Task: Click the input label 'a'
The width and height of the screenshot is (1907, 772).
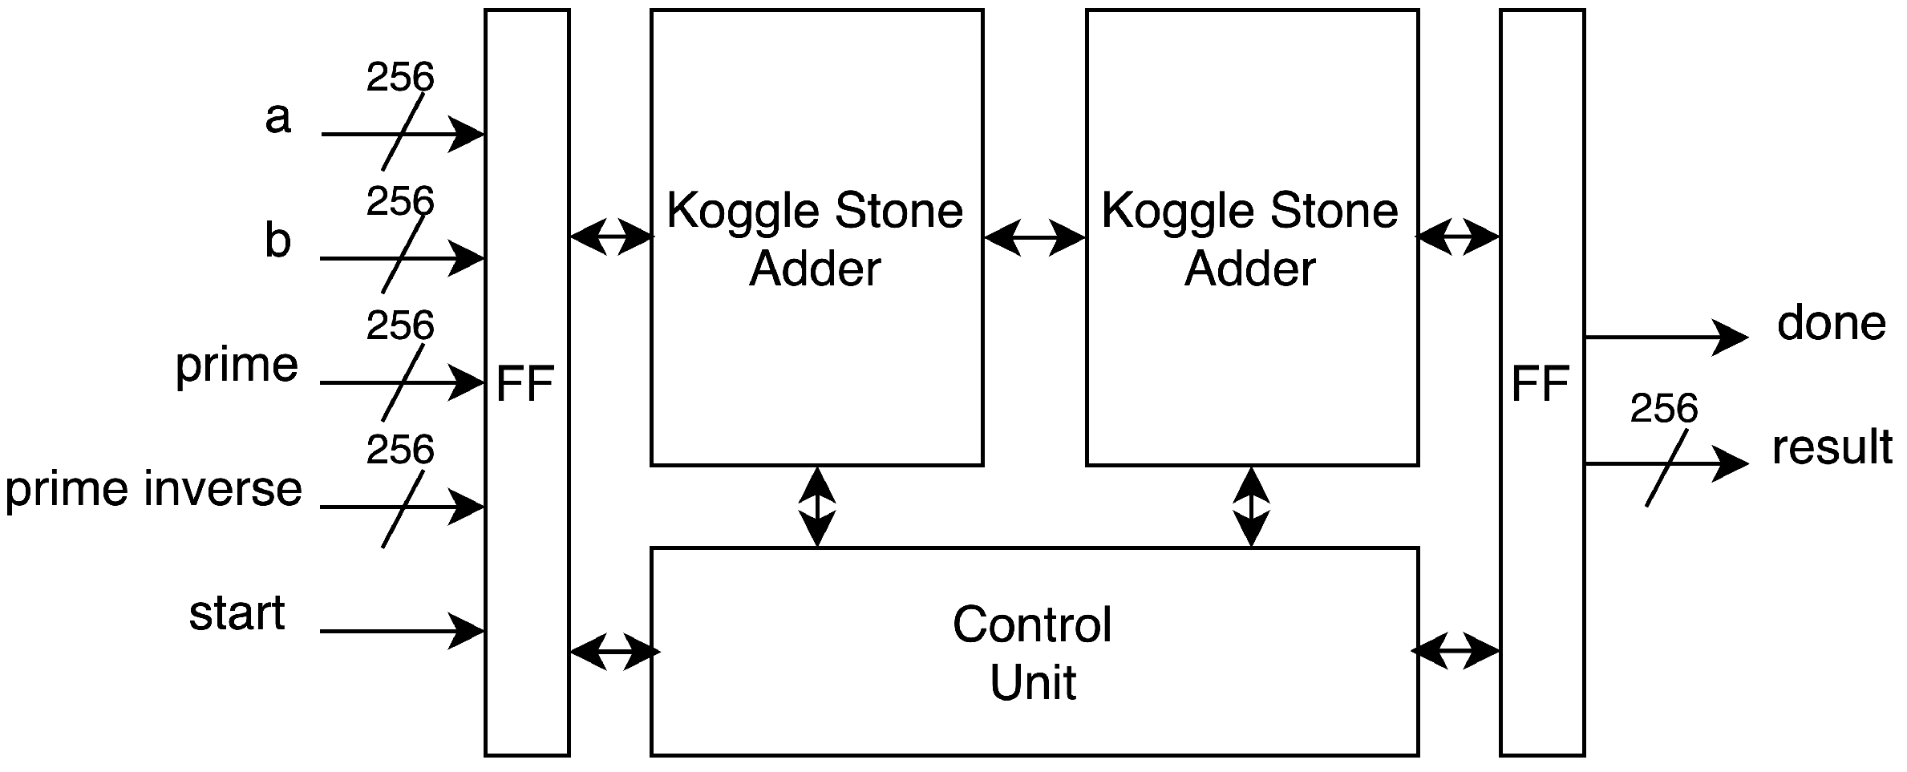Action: [x=277, y=119]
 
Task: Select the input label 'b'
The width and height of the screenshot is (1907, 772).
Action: [x=277, y=240]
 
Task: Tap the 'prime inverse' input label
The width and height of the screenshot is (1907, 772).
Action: [x=153, y=489]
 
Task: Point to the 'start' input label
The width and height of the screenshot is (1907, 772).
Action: [x=237, y=613]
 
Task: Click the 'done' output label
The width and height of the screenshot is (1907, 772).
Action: [x=1831, y=323]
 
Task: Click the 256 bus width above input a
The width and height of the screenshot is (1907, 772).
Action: [x=399, y=78]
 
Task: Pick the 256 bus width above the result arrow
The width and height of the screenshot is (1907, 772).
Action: [x=1664, y=409]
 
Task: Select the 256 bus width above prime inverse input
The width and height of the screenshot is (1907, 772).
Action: [x=399, y=450]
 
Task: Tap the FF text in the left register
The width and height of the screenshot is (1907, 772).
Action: [x=525, y=383]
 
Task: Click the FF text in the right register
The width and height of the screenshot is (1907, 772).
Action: [x=1540, y=383]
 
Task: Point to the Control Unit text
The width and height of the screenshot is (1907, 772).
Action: [x=1033, y=653]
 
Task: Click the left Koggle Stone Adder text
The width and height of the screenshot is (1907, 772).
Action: [x=815, y=239]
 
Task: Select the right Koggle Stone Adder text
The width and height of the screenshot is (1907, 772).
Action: [x=1250, y=239]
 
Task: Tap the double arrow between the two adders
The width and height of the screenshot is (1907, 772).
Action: [x=1034, y=237]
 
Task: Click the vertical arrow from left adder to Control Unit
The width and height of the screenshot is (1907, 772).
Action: [x=817, y=507]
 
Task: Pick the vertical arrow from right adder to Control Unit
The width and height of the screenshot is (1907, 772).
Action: [x=1252, y=507]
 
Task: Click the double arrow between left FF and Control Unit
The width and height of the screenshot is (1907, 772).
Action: [x=613, y=652]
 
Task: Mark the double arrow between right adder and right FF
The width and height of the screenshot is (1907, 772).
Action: [x=1458, y=237]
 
